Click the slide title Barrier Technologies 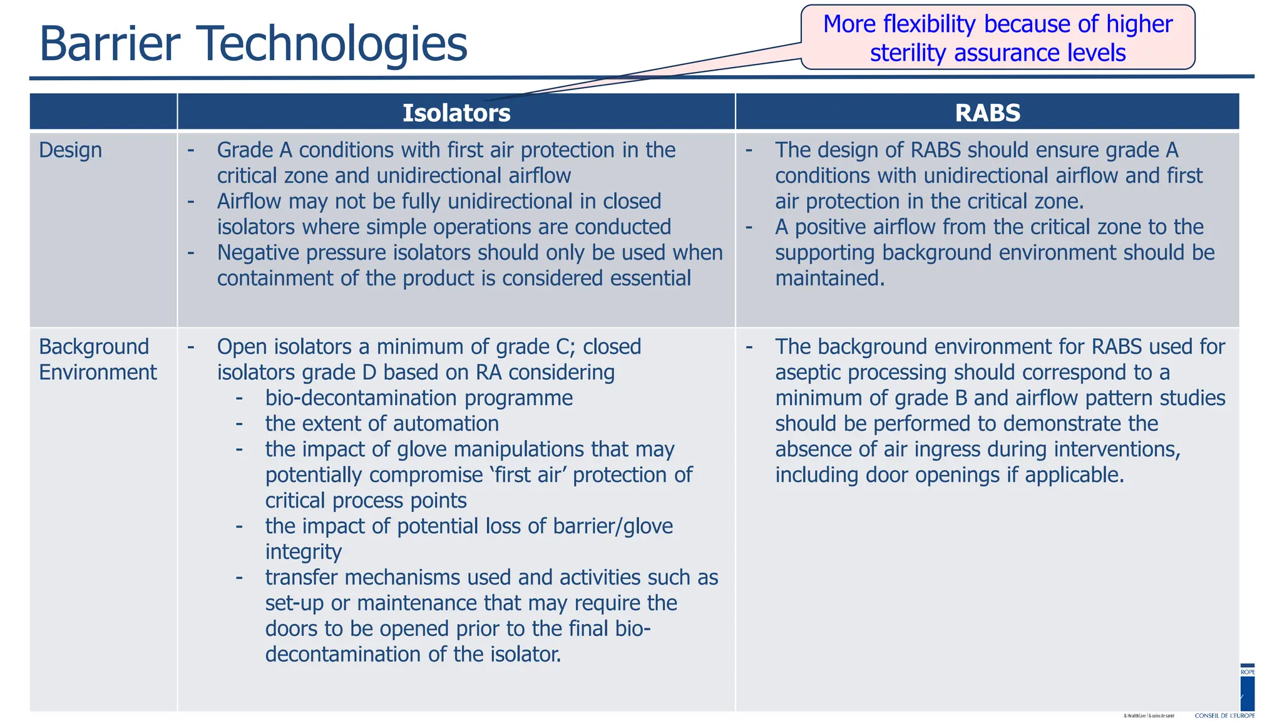(x=253, y=44)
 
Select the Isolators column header (x=456, y=113)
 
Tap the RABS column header (x=987, y=113)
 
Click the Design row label (x=70, y=150)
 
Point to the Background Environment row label (x=97, y=359)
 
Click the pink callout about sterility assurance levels (x=997, y=38)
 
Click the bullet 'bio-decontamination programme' (x=418, y=398)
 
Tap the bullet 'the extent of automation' (x=381, y=424)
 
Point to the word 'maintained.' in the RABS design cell (x=829, y=279)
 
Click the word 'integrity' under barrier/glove (x=303, y=552)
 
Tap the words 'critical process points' (x=366, y=501)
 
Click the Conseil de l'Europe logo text (x=1224, y=715)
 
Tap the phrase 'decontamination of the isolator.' (x=413, y=655)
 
